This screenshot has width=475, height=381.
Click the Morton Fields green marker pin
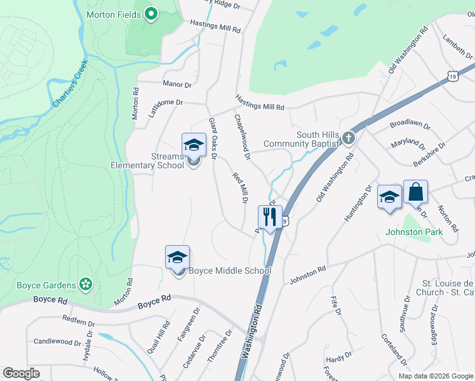[151, 13]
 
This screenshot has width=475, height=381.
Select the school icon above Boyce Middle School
[178, 257]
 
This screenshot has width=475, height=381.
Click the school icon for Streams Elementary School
[194, 145]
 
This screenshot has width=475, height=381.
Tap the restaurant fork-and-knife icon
[270, 217]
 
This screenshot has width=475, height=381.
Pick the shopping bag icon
[415, 192]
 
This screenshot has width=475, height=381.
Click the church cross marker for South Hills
[347, 138]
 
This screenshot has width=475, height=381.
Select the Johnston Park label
[414, 232]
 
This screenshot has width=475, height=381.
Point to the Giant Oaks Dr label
[214, 138]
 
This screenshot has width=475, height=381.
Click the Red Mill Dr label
[239, 188]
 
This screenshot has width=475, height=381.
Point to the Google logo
[21, 373]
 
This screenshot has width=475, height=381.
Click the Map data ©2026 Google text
[435, 376]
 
